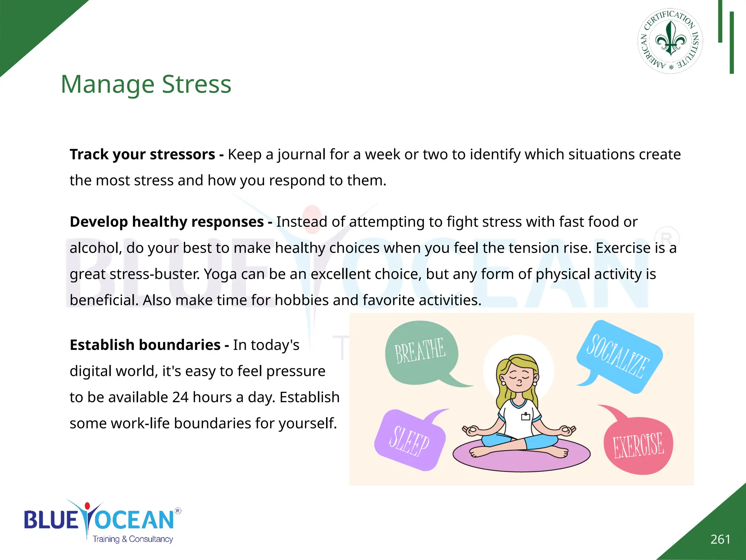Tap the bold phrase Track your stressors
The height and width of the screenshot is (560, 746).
142,155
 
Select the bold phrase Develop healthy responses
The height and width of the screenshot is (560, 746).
167,222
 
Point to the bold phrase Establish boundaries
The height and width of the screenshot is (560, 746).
145,345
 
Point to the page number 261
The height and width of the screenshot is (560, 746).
720,539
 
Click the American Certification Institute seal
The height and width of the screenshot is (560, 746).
670,41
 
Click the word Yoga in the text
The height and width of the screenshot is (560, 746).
220,274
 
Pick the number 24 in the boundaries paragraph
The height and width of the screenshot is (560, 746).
180,397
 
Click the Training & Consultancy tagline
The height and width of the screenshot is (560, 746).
133,539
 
